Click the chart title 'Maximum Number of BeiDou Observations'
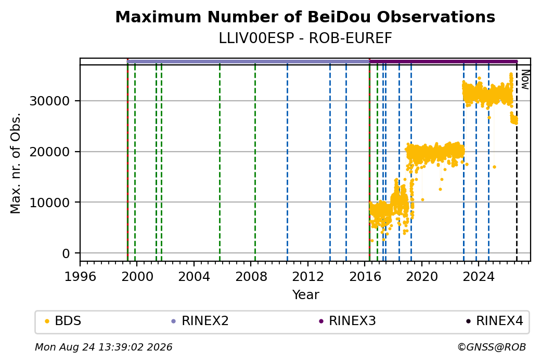pyautogui.click(x=305, y=17)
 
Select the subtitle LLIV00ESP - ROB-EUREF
pyautogui.click(x=305, y=38)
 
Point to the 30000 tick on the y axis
pyautogui.click(x=50, y=101)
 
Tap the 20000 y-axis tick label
pyautogui.click(x=50, y=152)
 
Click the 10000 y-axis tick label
pyautogui.click(x=50, y=203)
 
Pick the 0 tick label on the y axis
pyautogui.click(x=66, y=253)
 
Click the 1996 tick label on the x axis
pyautogui.click(x=80, y=276)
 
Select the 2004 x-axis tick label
pyautogui.click(x=194, y=276)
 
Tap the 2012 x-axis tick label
pyautogui.click(x=308, y=276)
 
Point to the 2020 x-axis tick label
pyautogui.click(x=422, y=276)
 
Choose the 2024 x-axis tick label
pyautogui.click(x=479, y=276)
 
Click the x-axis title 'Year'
pyautogui.click(x=306, y=294)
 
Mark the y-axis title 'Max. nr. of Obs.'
pyautogui.click(x=15, y=163)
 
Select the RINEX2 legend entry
pyautogui.click(x=200, y=321)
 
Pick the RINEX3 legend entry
pyautogui.click(x=347, y=321)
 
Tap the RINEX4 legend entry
pyautogui.click(x=494, y=321)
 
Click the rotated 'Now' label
pyautogui.click(x=525, y=79)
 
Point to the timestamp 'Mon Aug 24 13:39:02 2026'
pyautogui.click(x=104, y=347)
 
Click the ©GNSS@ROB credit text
pyautogui.click(x=492, y=347)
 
